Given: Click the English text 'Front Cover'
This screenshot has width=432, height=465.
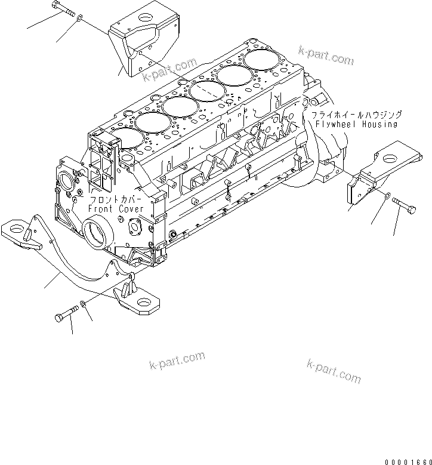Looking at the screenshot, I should (x=116, y=210).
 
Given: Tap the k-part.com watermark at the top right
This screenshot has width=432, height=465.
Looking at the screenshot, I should (x=326, y=57).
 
